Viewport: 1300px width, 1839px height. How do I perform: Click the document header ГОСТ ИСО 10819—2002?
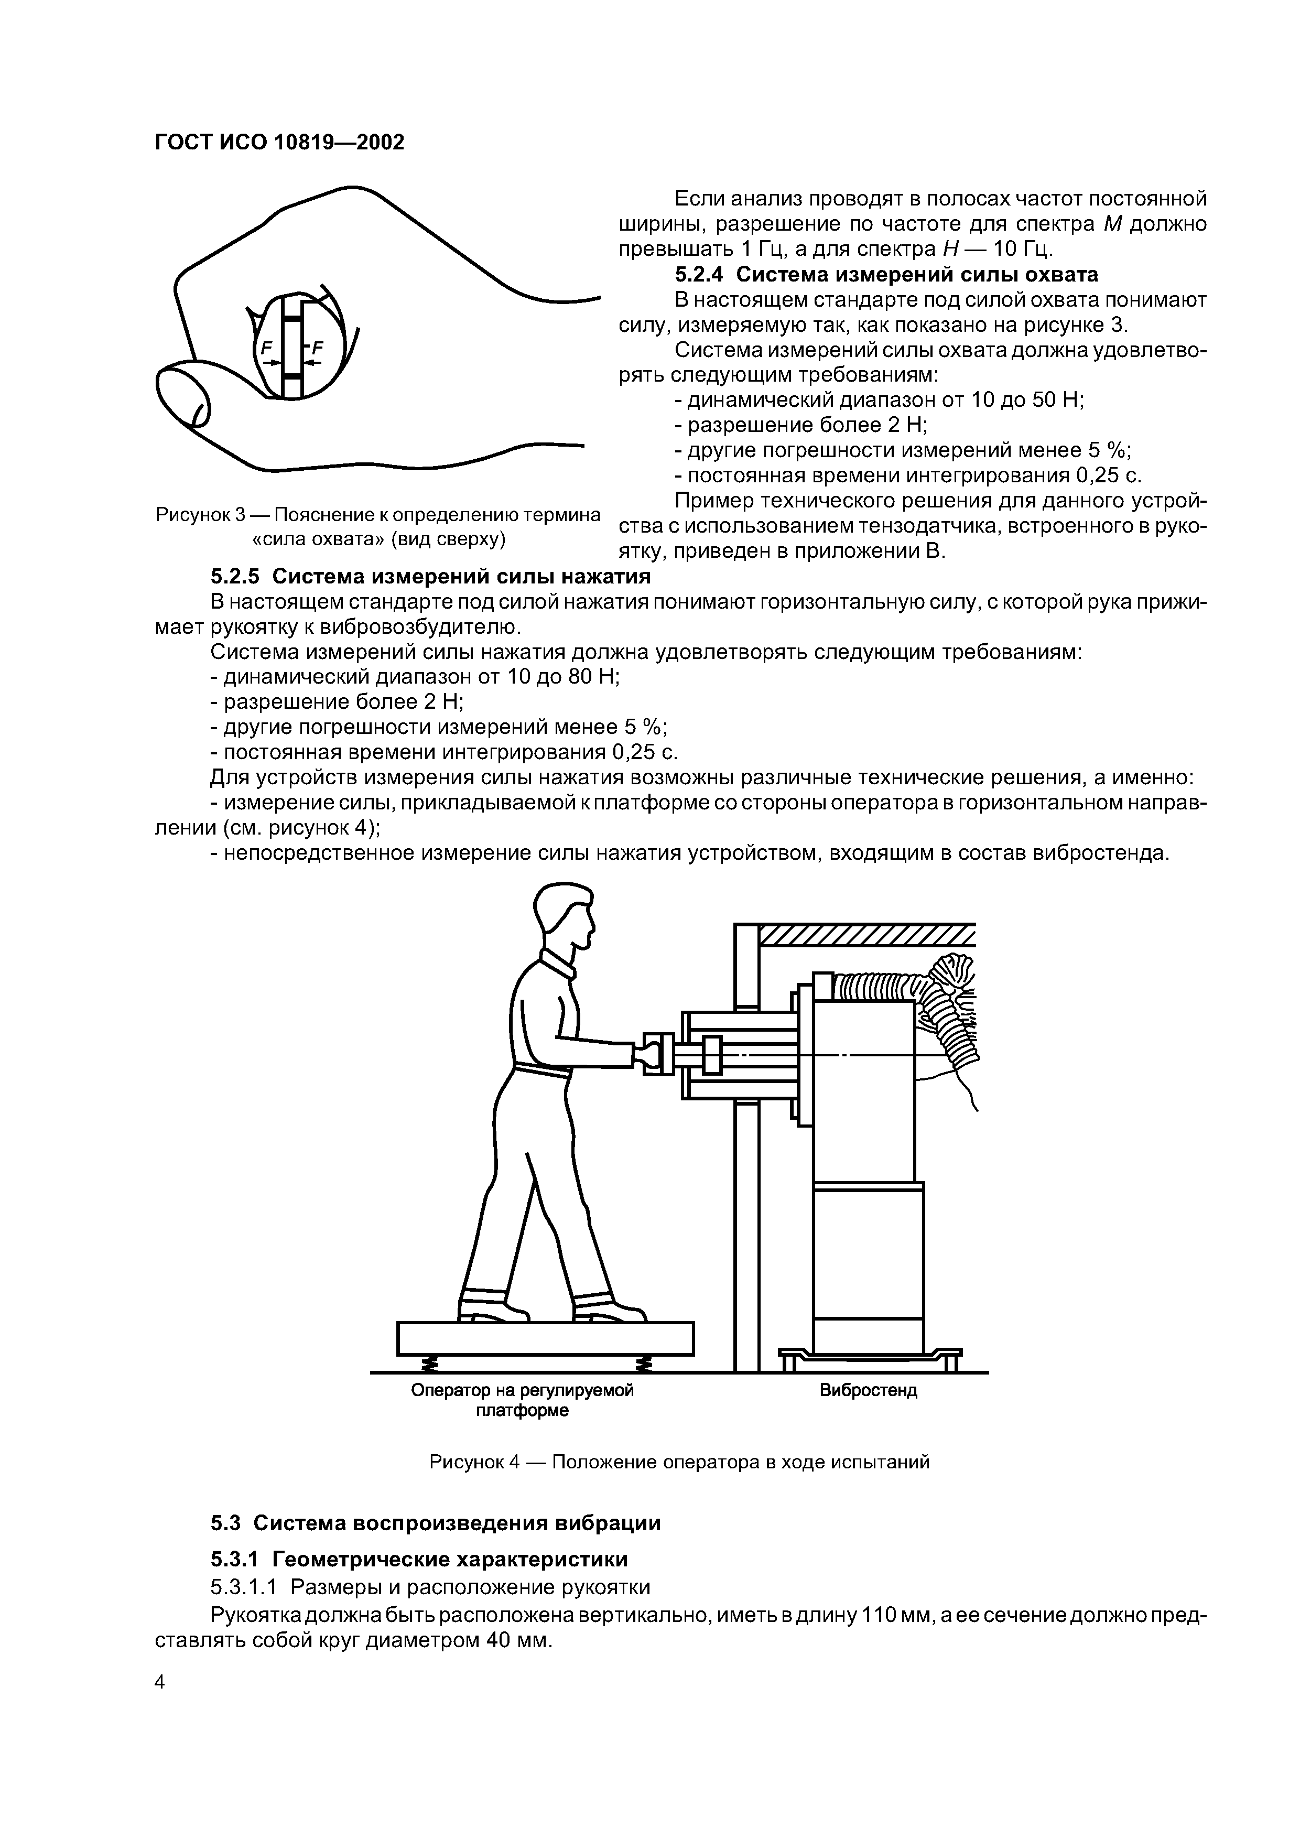pyautogui.click(x=279, y=143)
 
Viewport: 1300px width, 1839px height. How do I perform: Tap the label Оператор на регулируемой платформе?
pyautogui.click(x=522, y=1400)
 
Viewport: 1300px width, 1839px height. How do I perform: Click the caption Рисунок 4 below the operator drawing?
pyautogui.click(x=679, y=1462)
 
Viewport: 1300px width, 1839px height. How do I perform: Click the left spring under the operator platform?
pyautogui.click(x=430, y=1362)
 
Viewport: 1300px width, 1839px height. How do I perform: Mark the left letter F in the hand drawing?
pyautogui.click(x=267, y=348)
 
